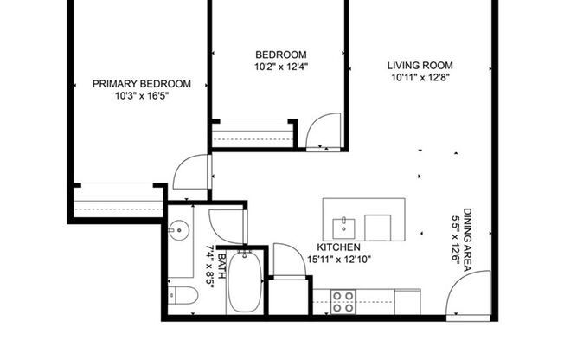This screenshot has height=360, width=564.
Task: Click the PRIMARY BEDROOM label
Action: [x=141, y=84]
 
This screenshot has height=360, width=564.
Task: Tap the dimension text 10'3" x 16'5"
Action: [x=141, y=96]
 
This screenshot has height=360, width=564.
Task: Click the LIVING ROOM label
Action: [x=420, y=65]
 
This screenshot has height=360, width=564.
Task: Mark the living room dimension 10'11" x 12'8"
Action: [x=420, y=77]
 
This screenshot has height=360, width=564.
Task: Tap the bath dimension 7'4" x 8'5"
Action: [x=208, y=269]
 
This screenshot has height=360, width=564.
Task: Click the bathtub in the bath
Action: [x=243, y=280]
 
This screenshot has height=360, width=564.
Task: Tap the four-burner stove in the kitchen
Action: [x=343, y=301]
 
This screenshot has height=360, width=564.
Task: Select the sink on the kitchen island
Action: [x=344, y=228]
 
